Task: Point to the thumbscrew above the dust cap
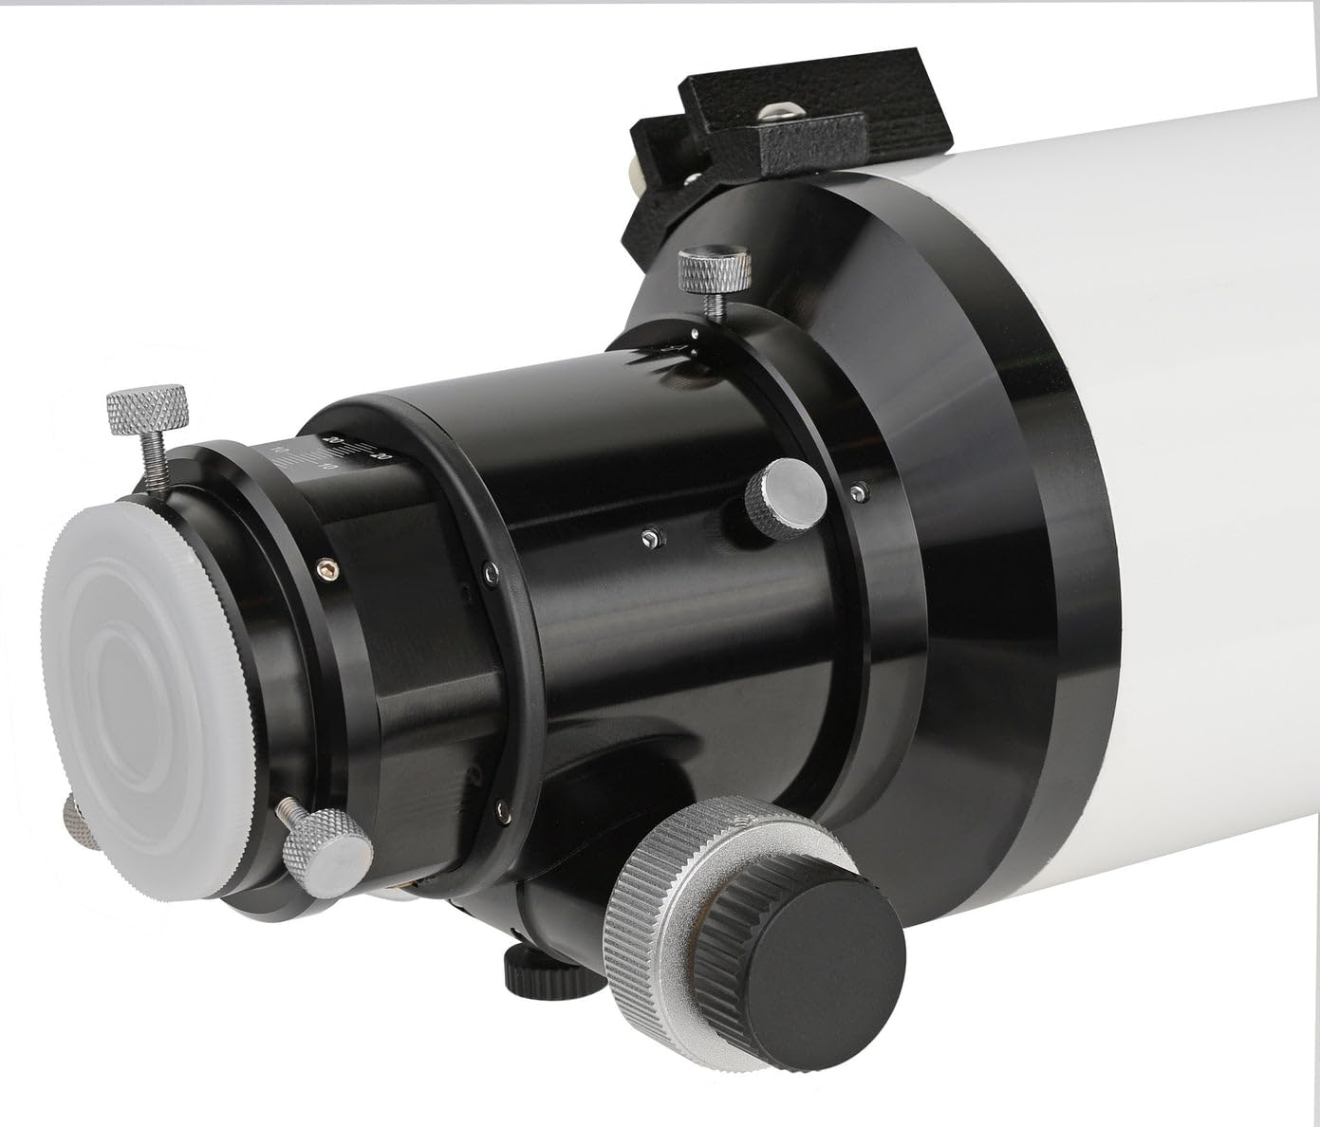pos(146,410)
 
